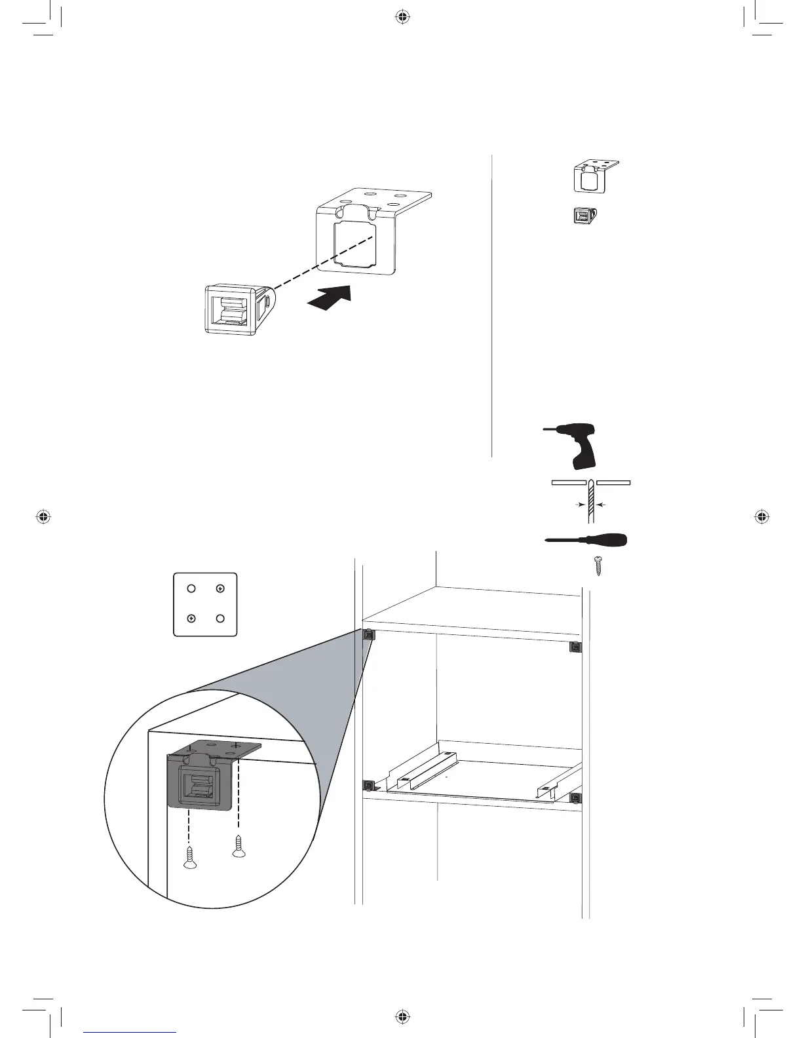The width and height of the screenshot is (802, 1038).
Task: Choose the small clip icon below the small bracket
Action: pos(585,217)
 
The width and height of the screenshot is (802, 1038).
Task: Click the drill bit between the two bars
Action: pos(591,501)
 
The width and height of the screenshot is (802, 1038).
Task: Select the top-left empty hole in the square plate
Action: pos(191,588)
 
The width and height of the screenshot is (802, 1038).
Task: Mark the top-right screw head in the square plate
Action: pos(220,588)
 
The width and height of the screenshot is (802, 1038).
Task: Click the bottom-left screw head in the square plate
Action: pos(191,618)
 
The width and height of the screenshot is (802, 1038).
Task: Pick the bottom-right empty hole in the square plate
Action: pos(220,618)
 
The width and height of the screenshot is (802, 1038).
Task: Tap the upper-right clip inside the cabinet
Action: pos(575,647)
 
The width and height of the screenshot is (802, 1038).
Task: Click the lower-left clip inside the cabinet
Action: pos(368,785)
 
